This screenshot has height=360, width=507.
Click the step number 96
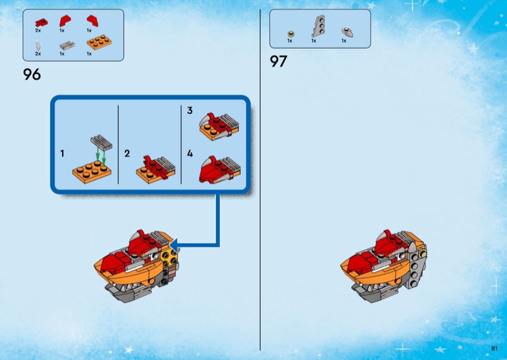tap(32, 74)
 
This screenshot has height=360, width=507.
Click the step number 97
tap(278, 61)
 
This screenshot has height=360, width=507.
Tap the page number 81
tap(494, 348)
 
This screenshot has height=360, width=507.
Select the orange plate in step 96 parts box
tap(99, 42)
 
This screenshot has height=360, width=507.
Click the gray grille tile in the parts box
tap(67, 46)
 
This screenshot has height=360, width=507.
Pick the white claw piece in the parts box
tap(38, 46)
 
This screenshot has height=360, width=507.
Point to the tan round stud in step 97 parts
tap(291, 34)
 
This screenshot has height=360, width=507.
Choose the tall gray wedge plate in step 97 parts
tap(318, 26)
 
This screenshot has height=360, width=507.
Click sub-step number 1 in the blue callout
tap(62, 153)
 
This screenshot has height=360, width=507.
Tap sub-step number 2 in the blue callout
tap(127, 153)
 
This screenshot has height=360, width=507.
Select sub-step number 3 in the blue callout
tap(189, 111)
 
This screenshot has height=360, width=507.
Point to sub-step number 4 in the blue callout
tap(189, 153)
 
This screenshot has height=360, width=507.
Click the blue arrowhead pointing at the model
tap(174, 245)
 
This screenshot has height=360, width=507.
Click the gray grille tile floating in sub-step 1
tap(101, 143)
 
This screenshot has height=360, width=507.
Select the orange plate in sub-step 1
tap(92, 172)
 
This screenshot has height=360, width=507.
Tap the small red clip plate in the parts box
tap(41, 23)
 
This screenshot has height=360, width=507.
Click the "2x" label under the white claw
tap(38, 54)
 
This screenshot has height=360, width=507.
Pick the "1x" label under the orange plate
tap(89, 54)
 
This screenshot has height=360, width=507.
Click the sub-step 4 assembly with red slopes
tap(219, 170)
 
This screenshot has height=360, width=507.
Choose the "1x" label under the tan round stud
tap(290, 41)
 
